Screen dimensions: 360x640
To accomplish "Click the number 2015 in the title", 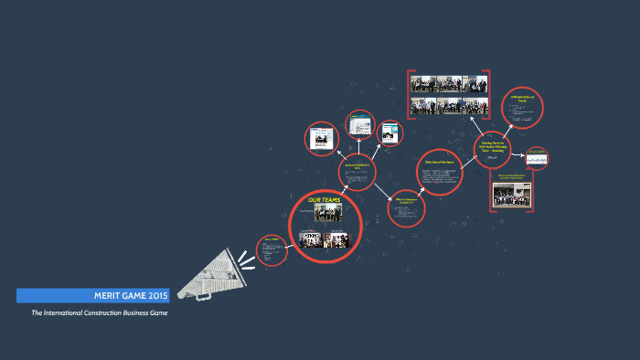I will (156, 295).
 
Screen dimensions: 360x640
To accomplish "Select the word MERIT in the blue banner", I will (109, 295).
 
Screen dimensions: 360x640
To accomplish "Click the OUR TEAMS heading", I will (325, 199).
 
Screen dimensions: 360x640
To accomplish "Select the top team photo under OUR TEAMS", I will (327, 213).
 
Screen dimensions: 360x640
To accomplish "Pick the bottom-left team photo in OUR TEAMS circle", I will (313, 240).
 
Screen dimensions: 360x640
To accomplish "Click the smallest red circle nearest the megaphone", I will (272, 249).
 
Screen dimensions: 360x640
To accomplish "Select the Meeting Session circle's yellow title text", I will (493, 143).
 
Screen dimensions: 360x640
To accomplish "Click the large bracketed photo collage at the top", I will (449, 93).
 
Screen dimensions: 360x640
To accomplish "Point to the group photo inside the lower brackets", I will (512, 195).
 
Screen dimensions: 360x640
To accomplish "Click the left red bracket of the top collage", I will (410, 93).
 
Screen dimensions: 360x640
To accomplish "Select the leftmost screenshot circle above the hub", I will (321, 139).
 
